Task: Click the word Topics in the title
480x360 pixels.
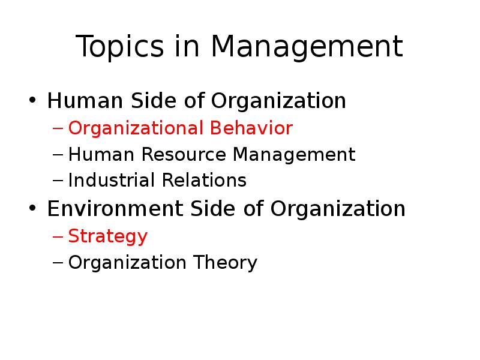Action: click(x=119, y=47)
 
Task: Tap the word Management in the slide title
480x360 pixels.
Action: click(x=307, y=47)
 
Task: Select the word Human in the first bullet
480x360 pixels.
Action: click(x=85, y=100)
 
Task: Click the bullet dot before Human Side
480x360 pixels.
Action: click(x=32, y=100)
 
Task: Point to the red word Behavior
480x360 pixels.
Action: click(x=251, y=128)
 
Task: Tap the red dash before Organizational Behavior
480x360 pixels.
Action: click(x=58, y=128)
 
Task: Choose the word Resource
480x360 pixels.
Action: click(x=184, y=154)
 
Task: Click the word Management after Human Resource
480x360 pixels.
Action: click(x=294, y=155)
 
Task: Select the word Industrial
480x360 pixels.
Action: click(x=112, y=180)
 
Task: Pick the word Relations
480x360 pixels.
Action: click(x=204, y=180)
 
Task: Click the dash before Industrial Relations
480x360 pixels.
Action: click(x=58, y=181)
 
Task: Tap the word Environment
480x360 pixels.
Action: click(x=115, y=208)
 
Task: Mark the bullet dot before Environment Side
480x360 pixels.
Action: click(x=32, y=208)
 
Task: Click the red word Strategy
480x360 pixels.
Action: click(x=108, y=237)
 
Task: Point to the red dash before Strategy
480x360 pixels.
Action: click(x=58, y=236)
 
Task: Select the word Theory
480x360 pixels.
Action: click(x=226, y=263)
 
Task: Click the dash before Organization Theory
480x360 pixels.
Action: click(x=58, y=263)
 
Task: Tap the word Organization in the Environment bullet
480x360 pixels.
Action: click(x=338, y=209)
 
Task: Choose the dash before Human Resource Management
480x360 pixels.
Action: click(x=58, y=155)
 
